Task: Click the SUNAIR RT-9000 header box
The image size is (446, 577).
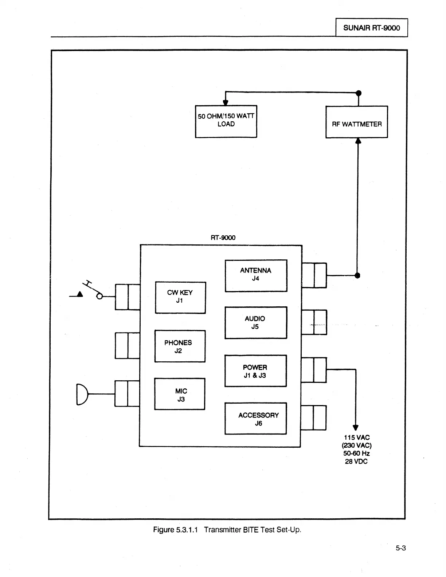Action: pyautogui.click(x=371, y=28)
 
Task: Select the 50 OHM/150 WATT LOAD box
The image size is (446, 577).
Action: pyautogui.click(x=226, y=121)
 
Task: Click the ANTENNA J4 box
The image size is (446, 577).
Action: pyautogui.click(x=256, y=276)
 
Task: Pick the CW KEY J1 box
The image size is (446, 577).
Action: pyautogui.click(x=180, y=298)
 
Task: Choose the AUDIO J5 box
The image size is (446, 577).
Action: pyautogui.click(x=255, y=323)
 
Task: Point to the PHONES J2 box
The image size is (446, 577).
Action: pyautogui.click(x=180, y=346)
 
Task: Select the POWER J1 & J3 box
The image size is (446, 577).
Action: pyautogui.click(x=255, y=371)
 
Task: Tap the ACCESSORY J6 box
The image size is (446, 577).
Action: pyautogui.click(x=255, y=419)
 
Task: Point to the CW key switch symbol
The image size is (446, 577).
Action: pyautogui.click(x=93, y=290)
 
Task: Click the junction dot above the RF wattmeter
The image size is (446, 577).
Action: pyautogui.click(x=359, y=93)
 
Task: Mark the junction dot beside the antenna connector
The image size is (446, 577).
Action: pyautogui.click(x=357, y=275)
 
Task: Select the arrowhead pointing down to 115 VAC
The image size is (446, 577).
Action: pyautogui.click(x=356, y=428)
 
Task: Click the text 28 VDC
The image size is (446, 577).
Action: pyautogui.click(x=356, y=462)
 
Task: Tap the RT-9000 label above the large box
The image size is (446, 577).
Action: pyautogui.click(x=223, y=238)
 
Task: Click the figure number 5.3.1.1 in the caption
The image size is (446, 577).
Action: pyautogui.click(x=186, y=530)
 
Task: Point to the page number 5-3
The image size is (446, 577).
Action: pyautogui.click(x=401, y=548)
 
